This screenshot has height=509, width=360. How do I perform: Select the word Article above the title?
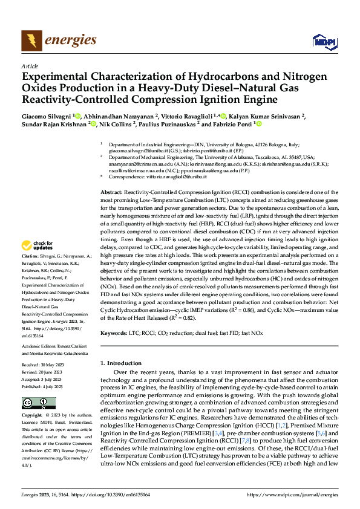[x=30, y=66]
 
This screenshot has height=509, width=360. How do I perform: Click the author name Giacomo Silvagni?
[x=47, y=115]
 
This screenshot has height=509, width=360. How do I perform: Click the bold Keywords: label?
[x=114, y=332]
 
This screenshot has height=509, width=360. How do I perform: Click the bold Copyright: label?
[x=31, y=416]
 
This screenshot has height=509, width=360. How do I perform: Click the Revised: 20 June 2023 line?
[x=44, y=371]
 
